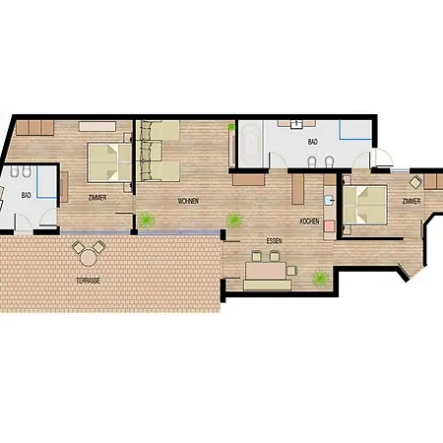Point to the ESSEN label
pyautogui.click(x=261, y=239)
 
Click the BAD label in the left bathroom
pyautogui.click(x=26, y=194)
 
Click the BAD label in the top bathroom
pyautogui.click(x=313, y=143)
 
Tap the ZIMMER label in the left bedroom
pyautogui.click(x=96, y=198)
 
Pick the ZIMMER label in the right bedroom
pyautogui.click(x=411, y=201)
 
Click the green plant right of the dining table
pyautogui.click(x=320, y=279)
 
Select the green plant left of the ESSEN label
pyautogui.click(x=233, y=219)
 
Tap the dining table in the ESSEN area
pyautogui.click(x=266, y=269)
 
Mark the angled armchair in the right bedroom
pyautogui.click(x=417, y=182)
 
